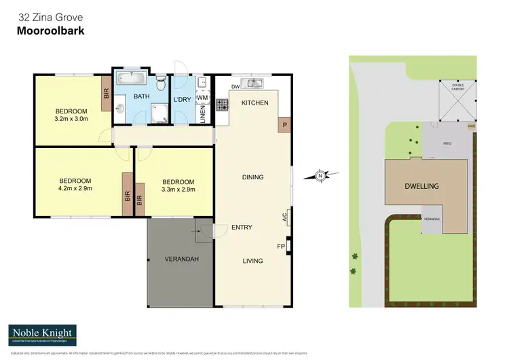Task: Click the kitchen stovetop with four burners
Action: coord(222,105)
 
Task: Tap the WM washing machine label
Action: coord(202,98)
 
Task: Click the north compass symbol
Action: coord(320,177)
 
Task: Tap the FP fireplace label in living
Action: coord(280,246)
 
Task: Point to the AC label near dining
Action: coord(284,217)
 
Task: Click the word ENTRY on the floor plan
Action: coord(242,228)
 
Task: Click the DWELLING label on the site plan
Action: coord(421,185)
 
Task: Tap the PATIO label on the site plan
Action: coord(447,144)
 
